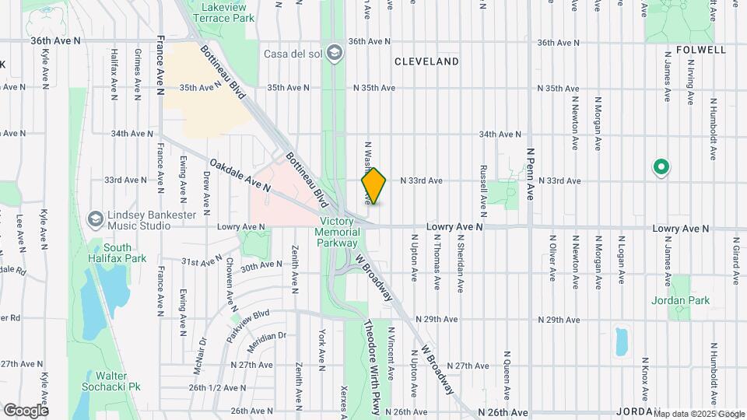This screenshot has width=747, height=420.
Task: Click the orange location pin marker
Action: point(373,186)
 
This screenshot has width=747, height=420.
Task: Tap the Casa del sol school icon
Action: point(335,52)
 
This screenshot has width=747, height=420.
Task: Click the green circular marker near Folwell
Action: point(661,166)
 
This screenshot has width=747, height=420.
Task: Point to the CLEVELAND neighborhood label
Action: point(426,61)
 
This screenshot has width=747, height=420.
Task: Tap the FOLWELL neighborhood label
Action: point(695,50)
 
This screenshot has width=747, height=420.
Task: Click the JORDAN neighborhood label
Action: point(637,411)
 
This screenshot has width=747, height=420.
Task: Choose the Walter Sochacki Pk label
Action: point(113,380)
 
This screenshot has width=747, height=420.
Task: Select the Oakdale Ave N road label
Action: point(240,176)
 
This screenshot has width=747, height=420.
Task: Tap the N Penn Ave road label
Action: point(530,175)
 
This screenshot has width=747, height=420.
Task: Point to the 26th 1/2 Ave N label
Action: point(217,387)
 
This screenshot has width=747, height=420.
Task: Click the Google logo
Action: point(26,411)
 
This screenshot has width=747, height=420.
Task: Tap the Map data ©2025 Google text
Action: point(698,413)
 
